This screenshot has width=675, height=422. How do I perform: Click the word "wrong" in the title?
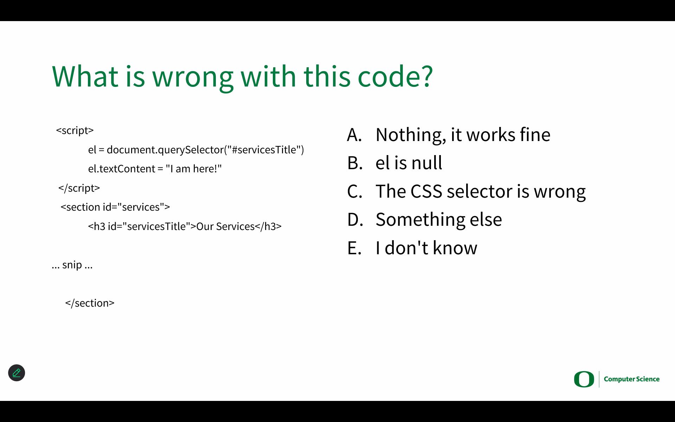click(x=193, y=77)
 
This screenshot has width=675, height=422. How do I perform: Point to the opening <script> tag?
click(x=75, y=130)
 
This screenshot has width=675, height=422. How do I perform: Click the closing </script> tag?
click(x=79, y=188)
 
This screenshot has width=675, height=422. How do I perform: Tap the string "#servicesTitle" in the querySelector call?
click(x=264, y=150)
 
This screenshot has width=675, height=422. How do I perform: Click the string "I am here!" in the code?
click(x=194, y=169)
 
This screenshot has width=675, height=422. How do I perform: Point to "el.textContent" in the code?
click(x=121, y=169)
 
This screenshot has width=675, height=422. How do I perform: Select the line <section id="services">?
click(x=115, y=207)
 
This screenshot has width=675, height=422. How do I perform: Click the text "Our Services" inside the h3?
click(x=225, y=226)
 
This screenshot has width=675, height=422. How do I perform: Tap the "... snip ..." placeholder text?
click(x=72, y=265)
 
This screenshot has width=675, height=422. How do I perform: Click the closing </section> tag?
click(x=90, y=303)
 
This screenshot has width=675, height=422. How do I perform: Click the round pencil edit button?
click(x=17, y=373)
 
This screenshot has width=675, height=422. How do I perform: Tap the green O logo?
click(x=584, y=379)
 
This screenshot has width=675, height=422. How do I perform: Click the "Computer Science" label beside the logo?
click(x=632, y=379)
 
